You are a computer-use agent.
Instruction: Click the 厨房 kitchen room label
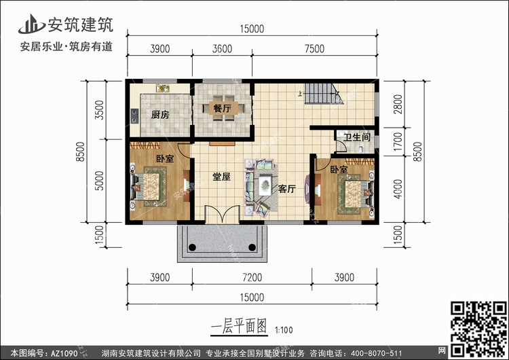(x=160, y=115)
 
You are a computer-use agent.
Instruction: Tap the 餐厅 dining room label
(x=223, y=108)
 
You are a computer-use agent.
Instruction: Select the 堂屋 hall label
(x=221, y=177)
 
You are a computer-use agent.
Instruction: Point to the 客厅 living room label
(x=286, y=189)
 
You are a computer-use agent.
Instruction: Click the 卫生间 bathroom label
(x=357, y=137)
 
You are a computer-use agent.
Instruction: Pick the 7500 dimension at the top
(x=314, y=49)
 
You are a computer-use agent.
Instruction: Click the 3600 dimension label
(x=222, y=49)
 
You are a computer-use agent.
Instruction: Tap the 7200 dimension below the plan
(x=252, y=278)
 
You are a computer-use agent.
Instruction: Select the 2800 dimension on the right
(x=398, y=104)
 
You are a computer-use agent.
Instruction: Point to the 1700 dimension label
(x=398, y=142)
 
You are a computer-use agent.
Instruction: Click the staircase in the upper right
(x=324, y=94)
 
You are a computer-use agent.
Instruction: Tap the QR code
(x=479, y=329)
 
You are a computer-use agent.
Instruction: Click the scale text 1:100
(x=284, y=330)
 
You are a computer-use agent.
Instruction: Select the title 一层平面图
(x=239, y=326)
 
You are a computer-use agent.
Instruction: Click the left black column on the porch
(x=192, y=247)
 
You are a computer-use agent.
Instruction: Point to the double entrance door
(x=222, y=215)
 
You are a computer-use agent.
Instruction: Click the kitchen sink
(x=163, y=88)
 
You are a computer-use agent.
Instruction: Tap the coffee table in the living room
(x=265, y=185)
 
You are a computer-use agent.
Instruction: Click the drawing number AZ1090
(x=64, y=353)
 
